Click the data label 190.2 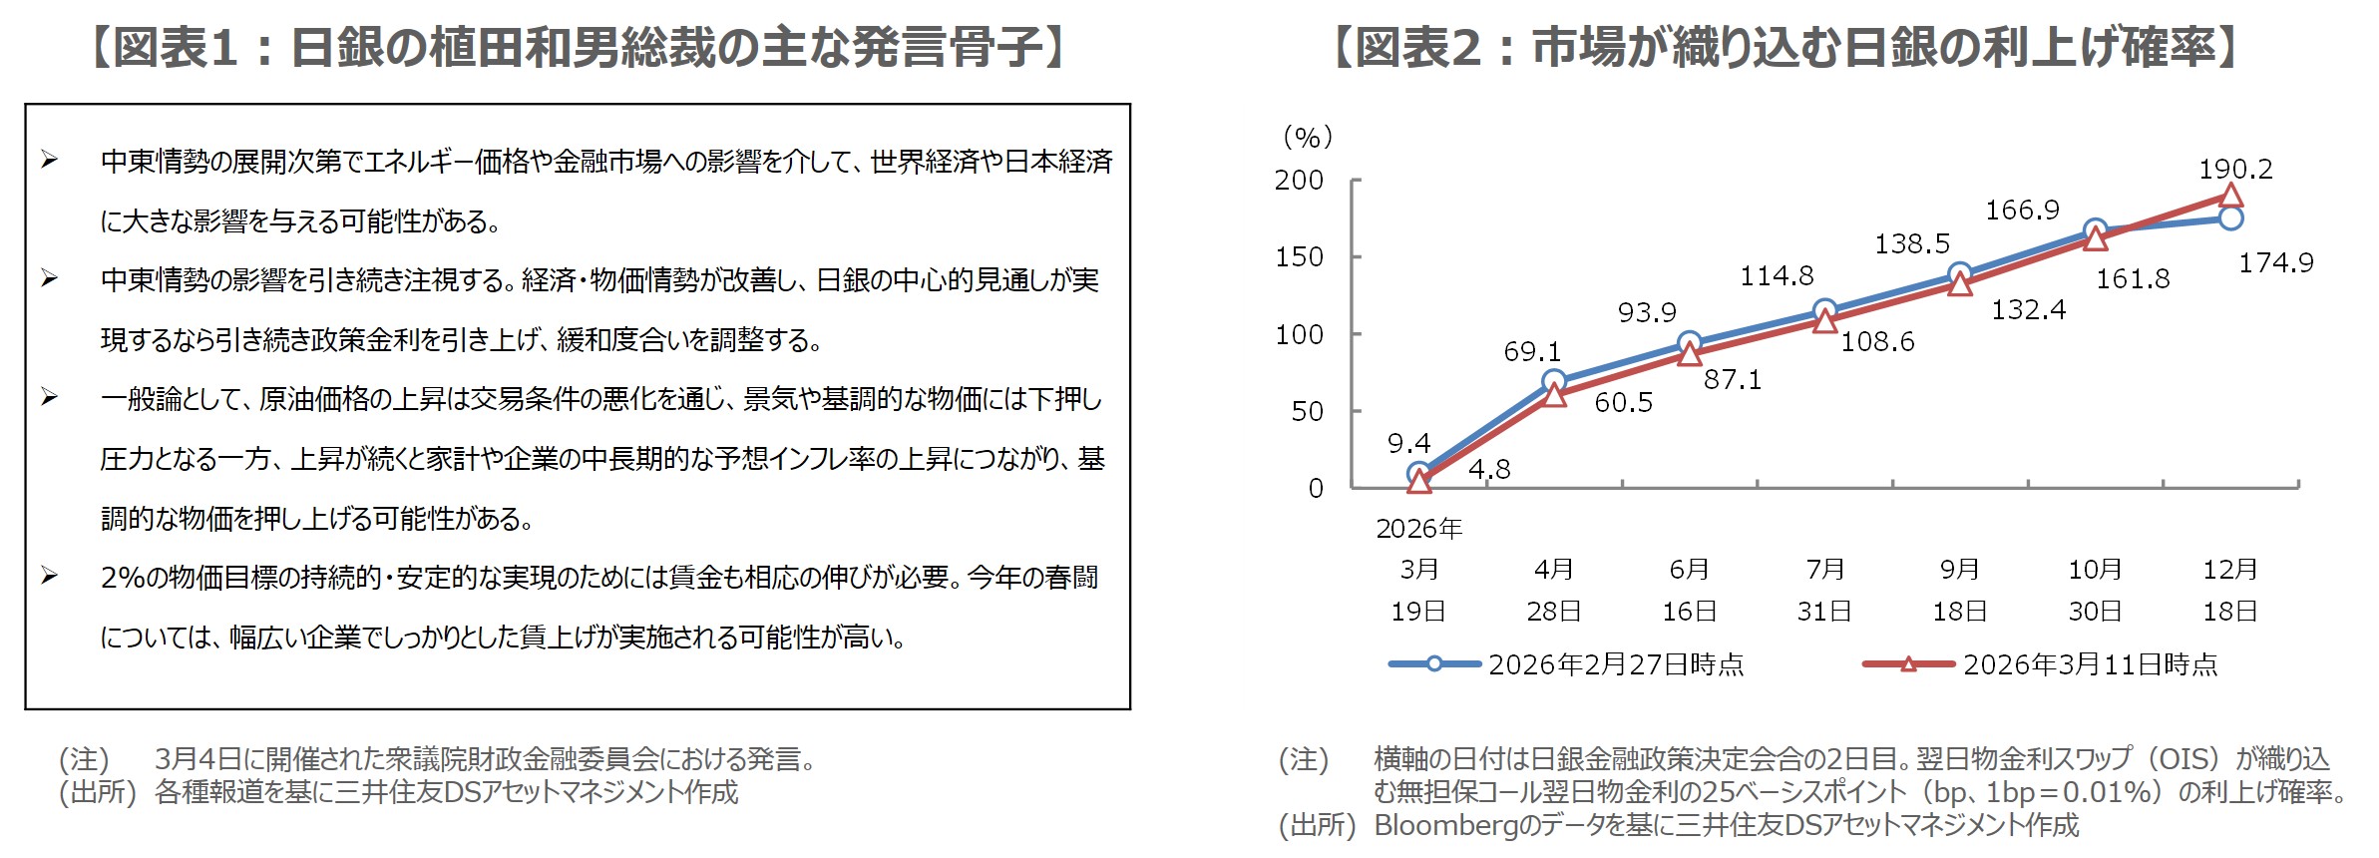click(2235, 169)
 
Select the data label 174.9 click(2275, 262)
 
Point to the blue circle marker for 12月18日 click(2231, 217)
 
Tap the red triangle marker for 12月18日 click(2231, 196)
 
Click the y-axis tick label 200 click(1299, 181)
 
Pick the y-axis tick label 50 click(1307, 411)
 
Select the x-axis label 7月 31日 click(1824, 590)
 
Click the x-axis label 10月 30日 click(2095, 590)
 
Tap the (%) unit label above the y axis click(1307, 137)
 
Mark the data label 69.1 click(1532, 351)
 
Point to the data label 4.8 click(1489, 469)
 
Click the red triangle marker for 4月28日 click(1554, 396)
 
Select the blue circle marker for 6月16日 click(1689, 343)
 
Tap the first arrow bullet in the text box click(49, 160)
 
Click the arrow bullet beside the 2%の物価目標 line click(49, 576)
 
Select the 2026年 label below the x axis click(1418, 529)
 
